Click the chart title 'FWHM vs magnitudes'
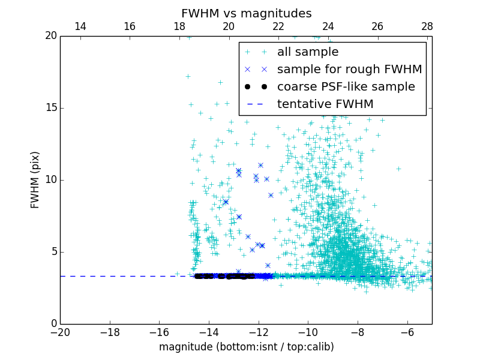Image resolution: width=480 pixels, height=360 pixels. point(246,13)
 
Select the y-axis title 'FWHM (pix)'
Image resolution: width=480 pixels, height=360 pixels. point(35,179)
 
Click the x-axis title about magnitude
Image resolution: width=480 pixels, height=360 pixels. point(246,347)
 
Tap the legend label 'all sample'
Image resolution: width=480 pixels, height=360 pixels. point(308,52)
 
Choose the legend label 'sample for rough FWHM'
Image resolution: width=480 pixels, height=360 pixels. point(350,70)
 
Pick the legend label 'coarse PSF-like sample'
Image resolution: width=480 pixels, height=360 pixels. point(346,87)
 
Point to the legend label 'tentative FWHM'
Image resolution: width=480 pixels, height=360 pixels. point(325,104)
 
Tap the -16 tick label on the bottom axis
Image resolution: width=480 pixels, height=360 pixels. point(159,332)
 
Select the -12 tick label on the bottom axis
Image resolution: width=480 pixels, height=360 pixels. point(258,332)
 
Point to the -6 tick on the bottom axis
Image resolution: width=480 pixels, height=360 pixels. point(407,332)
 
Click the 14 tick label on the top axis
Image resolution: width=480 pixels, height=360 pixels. point(80,27)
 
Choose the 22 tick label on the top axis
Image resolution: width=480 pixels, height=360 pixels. point(278,27)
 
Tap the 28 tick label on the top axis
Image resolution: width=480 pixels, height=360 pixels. point(427,27)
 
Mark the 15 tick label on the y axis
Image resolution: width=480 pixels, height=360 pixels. point(50,108)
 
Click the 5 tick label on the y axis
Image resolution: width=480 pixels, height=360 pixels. point(53,252)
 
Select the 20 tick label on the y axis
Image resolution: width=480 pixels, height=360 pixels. point(50,36)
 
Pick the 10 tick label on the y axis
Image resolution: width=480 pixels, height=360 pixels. point(50,180)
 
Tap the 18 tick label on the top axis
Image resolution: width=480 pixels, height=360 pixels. point(179,27)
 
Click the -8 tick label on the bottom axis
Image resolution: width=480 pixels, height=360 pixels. point(357,332)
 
